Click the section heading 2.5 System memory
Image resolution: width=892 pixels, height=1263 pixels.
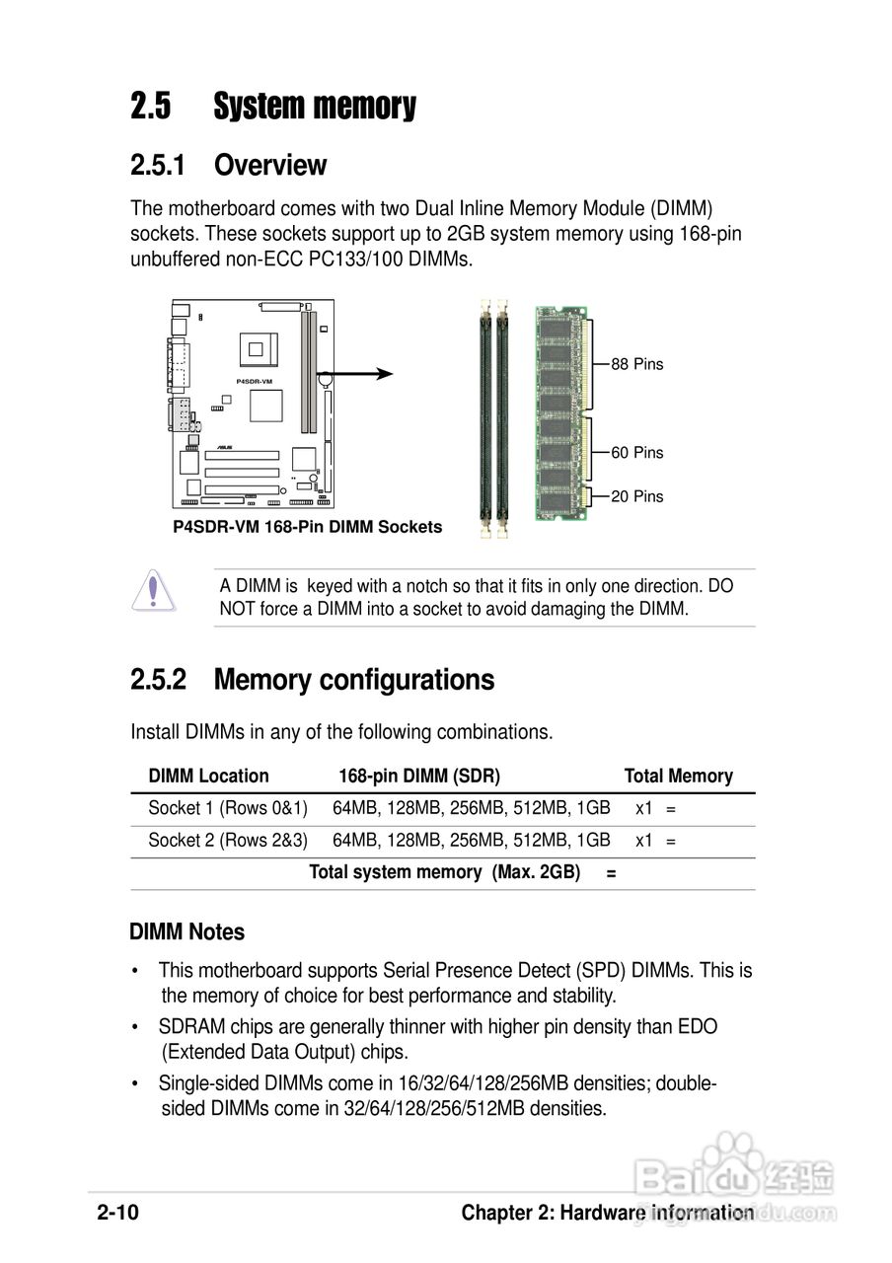coord(273,107)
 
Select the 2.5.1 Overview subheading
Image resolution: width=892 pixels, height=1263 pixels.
coord(228,165)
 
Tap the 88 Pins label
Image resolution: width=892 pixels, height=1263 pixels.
coord(637,364)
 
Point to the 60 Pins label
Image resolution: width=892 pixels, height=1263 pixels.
coord(637,453)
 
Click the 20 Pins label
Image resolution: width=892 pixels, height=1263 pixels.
coord(637,496)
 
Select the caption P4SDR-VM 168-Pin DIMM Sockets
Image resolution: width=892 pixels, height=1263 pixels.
coord(307,527)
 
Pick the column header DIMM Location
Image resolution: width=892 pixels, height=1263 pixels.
coord(208,777)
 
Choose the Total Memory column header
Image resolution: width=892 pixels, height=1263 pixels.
coord(678,777)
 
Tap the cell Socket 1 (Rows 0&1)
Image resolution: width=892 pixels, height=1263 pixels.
coord(228,809)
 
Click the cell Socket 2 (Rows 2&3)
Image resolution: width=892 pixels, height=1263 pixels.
coord(228,841)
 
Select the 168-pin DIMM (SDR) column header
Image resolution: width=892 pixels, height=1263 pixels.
coord(419,777)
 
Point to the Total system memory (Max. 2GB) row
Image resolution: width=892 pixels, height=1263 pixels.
coord(444,873)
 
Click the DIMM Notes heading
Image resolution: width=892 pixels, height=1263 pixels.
coord(187,932)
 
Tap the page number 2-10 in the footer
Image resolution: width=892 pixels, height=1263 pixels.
coord(118,1214)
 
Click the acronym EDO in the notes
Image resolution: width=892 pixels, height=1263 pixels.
coord(697,1027)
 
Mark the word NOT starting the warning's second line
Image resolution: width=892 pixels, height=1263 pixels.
coord(238,609)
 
